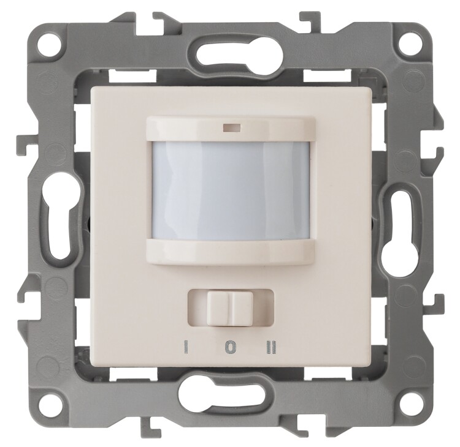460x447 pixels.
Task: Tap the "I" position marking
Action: [186, 347]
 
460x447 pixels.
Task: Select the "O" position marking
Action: [231, 347]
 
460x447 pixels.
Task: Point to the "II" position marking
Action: [272, 347]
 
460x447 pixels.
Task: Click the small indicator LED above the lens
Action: [232, 128]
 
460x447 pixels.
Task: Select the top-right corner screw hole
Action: [405, 43]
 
